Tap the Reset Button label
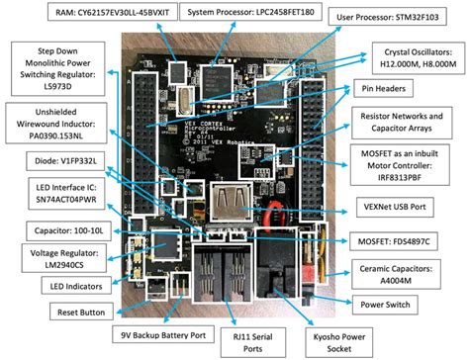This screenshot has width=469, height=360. [57, 313]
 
